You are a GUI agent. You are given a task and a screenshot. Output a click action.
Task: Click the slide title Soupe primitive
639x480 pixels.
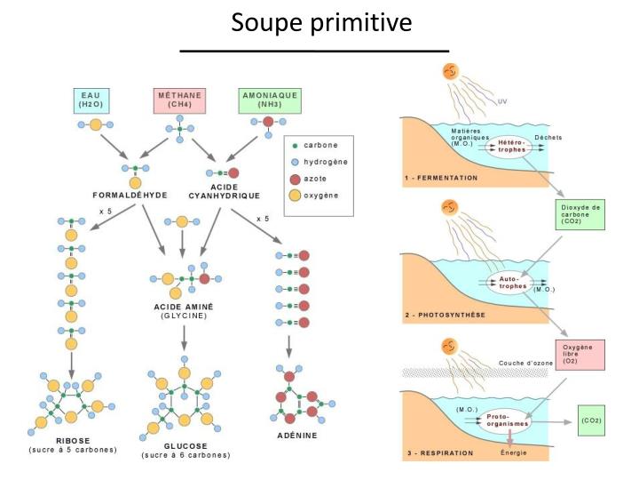pos(321,22)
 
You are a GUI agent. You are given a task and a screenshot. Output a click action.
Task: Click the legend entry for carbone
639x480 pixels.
pos(319,144)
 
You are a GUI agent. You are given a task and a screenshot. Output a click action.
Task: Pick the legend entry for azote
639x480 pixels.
pos(316,179)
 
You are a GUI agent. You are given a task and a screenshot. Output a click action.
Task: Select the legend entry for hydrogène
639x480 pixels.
pos(324,161)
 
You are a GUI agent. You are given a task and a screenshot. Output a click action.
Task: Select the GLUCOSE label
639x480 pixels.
pos(185,445)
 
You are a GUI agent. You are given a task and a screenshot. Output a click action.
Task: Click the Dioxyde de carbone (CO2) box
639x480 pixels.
pos(581,214)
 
